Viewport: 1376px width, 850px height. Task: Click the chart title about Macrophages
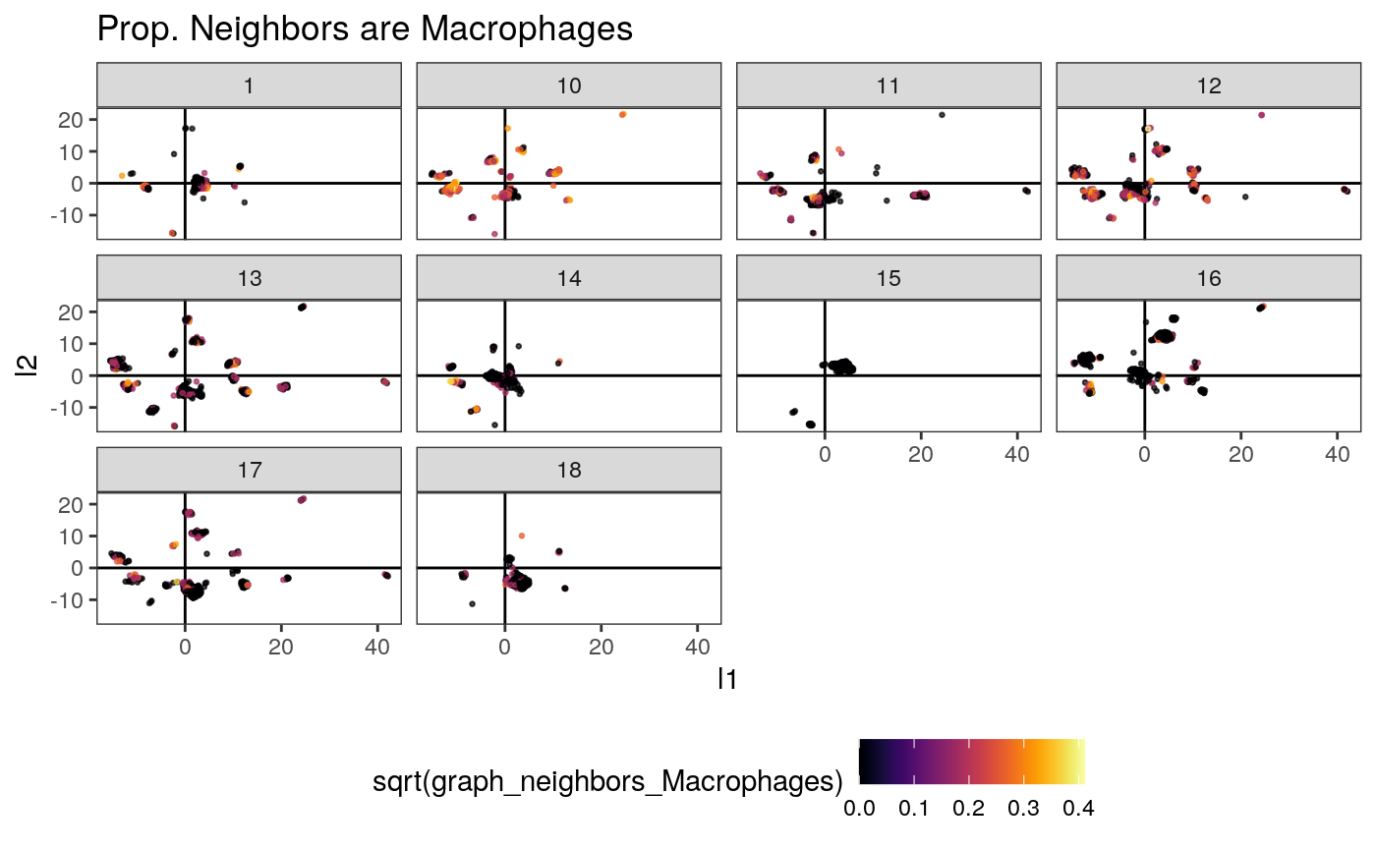pos(365,30)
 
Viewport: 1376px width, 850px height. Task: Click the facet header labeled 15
pos(889,278)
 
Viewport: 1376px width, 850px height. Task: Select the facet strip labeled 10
pos(569,85)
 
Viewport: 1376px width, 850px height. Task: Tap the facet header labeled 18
pos(569,471)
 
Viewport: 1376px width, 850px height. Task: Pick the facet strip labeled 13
pos(249,278)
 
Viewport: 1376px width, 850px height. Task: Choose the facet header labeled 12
pos(1209,85)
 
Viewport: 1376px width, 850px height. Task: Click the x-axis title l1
pos(728,678)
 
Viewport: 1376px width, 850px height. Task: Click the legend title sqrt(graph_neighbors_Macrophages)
pos(608,782)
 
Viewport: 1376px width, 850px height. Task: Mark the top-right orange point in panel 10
pos(622,115)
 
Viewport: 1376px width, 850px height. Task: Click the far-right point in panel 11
pos(1026,191)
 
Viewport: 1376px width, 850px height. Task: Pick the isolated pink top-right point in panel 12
pos(1261,115)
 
